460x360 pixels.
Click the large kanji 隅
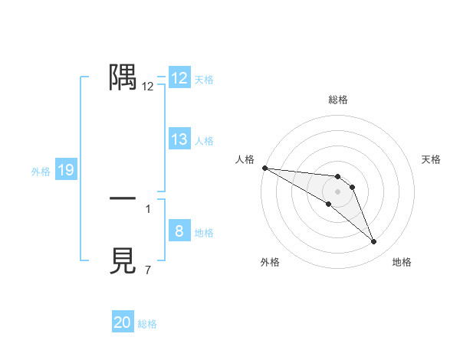click(123, 77)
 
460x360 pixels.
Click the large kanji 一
click(123, 198)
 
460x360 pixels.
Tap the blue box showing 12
click(179, 78)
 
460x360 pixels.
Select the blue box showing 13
click(179, 139)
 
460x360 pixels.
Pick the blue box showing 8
click(179, 231)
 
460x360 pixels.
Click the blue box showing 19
click(66, 171)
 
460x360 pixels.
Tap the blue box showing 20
click(123, 322)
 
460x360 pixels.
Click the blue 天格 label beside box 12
click(204, 80)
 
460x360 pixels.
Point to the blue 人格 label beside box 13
click(204, 141)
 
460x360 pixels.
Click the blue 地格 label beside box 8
click(204, 233)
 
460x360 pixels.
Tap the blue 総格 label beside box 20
click(147, 324)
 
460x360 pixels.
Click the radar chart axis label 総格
click(337, 100)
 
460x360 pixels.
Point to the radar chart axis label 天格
click(432, 159)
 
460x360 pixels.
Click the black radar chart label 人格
click(245, 159)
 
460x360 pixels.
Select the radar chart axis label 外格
click(270, 262)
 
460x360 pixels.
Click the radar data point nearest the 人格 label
click(264, 168)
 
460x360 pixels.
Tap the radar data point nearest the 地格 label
click(374, 242)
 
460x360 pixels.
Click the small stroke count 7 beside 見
click(148, 270)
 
